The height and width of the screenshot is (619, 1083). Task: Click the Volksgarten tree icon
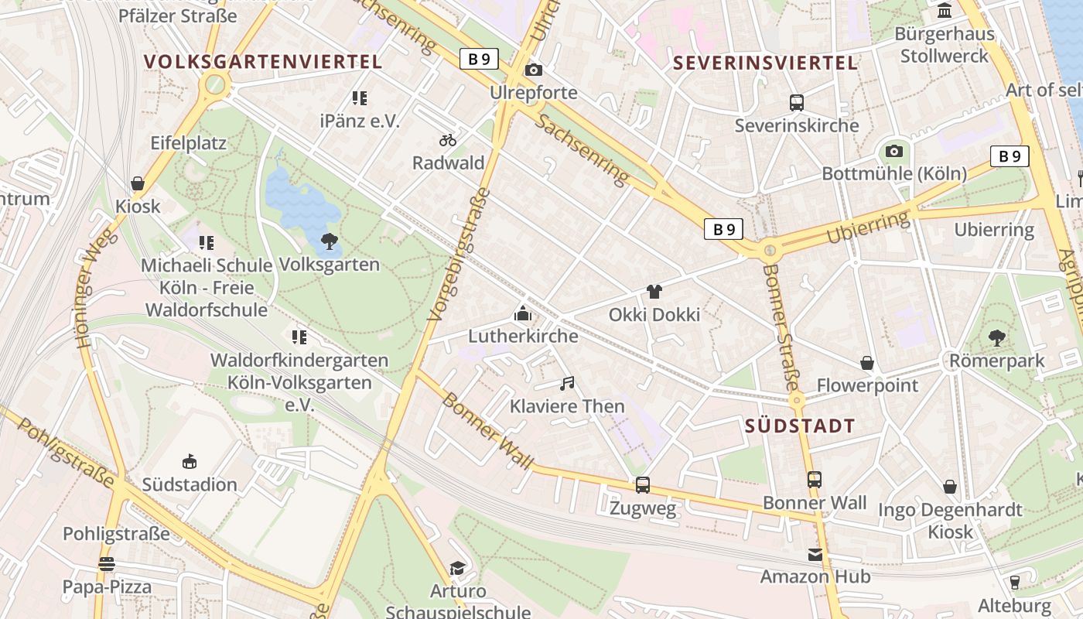[330, 241]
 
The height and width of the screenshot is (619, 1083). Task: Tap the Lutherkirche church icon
[523, 313]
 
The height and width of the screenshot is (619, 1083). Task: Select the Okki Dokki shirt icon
[654, 292]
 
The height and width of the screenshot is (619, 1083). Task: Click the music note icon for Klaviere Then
[568, 383]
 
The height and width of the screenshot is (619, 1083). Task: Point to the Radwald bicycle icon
[448, 140]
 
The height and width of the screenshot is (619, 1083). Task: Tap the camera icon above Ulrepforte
[534, 70]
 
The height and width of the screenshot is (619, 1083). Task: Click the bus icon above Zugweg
[643, 485]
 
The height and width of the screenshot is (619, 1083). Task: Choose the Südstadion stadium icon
[190, 462]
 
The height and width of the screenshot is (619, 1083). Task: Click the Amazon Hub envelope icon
[815, 554]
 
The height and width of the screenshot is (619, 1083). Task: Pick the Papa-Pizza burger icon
[107, 564]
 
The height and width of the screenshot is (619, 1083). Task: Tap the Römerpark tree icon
[997, 337]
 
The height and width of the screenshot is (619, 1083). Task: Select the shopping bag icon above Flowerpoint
[868, 363]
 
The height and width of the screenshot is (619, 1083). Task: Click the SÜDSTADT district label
[800, 426]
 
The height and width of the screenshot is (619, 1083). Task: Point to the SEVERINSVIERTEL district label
[766, 63]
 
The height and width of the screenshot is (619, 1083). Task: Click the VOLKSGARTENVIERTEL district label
[263, 62]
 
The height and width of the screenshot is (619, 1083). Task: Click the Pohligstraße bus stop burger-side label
[116, 534]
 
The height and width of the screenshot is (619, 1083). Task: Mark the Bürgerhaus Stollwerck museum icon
[945, 11]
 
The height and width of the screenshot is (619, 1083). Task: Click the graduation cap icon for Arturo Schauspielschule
[458, 569]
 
